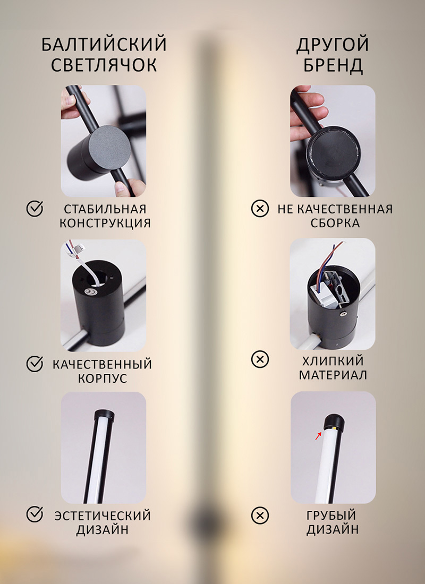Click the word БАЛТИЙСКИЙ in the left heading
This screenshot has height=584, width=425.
104,45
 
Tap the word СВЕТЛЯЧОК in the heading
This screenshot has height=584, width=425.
104,65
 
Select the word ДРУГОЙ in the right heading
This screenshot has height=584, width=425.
333,45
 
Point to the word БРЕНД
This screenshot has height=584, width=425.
333,65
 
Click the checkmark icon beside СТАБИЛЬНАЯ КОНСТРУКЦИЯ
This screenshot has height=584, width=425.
35,209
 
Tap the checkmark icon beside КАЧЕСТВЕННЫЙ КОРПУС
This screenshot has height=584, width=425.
35,364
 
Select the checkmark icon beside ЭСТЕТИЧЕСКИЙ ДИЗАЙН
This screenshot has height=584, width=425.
35,514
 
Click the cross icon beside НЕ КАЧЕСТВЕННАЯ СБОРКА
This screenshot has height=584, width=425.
260,209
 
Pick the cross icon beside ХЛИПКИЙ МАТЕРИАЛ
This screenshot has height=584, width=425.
260,359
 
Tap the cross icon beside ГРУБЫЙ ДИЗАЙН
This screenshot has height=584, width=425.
260,516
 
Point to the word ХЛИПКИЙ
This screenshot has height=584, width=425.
333,361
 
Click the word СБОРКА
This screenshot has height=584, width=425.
335,223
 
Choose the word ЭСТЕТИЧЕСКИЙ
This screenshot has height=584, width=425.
103,516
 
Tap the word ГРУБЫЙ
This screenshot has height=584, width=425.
331,516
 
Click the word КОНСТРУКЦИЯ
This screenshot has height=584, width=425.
105,223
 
